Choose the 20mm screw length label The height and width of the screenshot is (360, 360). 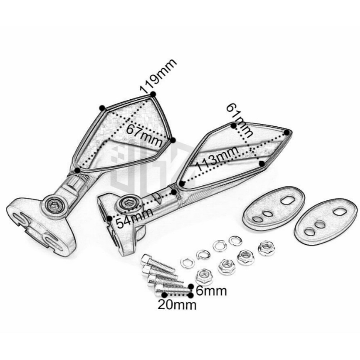click(x=177, y=305)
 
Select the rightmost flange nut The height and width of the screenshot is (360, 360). click(x=266, y=248)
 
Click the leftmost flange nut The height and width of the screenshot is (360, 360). click(x=204, y=278)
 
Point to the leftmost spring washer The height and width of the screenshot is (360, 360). click(x=187, y=262)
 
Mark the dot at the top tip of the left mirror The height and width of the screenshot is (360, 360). click(x=153, y=94)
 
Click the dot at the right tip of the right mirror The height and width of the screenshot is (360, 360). click(x=288, y=132)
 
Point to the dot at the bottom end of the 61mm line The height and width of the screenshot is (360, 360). click(x=262, y=164)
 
